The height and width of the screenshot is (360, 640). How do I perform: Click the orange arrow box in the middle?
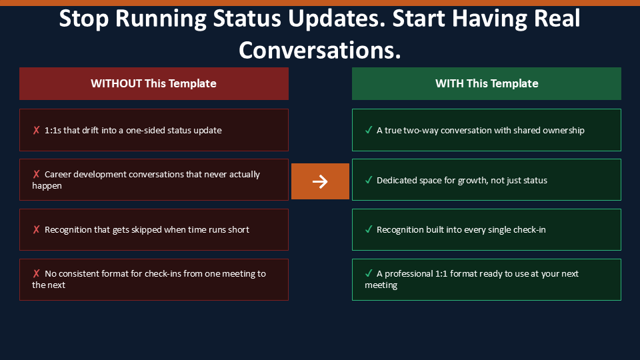(320, 181)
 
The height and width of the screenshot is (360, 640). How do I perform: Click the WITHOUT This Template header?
(154, 84)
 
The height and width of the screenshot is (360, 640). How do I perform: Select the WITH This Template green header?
(487, 84)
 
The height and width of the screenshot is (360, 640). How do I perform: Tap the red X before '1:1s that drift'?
(36, 130)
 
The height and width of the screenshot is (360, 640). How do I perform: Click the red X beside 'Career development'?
(36, 174)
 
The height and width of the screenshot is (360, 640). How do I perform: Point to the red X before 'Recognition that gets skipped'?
(36, 230)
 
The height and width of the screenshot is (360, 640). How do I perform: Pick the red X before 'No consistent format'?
(36, 273)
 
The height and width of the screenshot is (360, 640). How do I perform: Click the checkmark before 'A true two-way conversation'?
(369, 130)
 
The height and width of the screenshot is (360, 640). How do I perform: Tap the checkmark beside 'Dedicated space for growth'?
(369, 180)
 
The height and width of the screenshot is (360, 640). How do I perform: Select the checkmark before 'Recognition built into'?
(369, 229)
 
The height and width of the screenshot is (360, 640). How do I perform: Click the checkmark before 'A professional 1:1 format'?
(369, 273)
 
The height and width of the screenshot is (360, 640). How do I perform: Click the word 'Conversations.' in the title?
(320, 50)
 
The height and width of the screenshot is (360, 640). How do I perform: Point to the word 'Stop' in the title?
(84, 19)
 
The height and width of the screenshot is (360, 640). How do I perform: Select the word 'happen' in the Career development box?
(47, 186)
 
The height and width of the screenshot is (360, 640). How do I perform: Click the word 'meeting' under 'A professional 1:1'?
(381, 285)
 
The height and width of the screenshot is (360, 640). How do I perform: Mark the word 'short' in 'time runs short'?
(239, 230)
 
